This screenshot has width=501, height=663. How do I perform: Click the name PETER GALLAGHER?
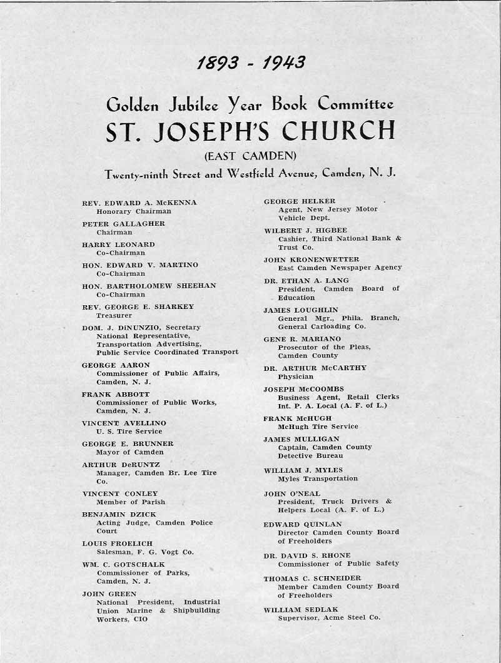coord(123,223)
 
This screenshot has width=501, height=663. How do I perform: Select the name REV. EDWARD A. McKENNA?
coord(139,203)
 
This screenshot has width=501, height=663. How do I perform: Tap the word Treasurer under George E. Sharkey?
coord(114,315)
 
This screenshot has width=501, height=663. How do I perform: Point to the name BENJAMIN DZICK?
coord(117,514)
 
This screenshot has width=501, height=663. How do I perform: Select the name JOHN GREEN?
coord(104,594)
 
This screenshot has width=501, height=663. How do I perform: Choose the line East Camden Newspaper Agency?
coord(340,268)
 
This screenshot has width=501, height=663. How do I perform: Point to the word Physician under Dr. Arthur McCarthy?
coord(296,377)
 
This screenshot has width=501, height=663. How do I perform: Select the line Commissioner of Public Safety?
coord(338,564)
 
